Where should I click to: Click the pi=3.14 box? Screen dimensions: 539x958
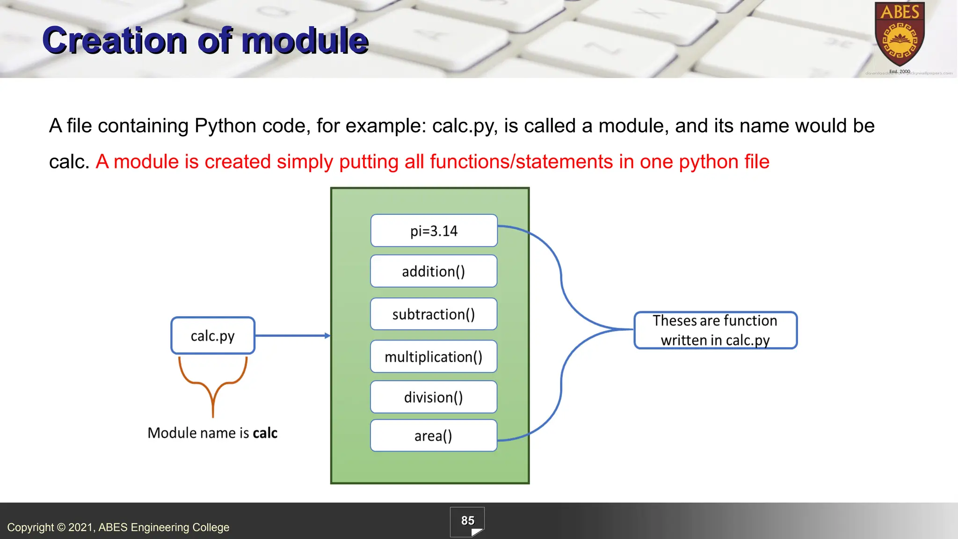tap(434, 231)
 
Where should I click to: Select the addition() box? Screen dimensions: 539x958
tap(433, 271)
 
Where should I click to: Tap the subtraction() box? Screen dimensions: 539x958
tap(433, 314)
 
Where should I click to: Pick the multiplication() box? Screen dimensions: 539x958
tap(433, 357)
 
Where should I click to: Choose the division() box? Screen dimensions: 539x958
tap(433, 397)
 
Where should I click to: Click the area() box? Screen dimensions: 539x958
tap(433, 436)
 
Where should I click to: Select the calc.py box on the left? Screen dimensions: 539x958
tap(213, 335)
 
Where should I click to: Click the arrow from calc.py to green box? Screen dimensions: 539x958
tap(292, 335)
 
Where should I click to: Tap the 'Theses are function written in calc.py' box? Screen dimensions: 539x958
tap(715, 330)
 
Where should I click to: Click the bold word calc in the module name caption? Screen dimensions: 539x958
tap(265, 433)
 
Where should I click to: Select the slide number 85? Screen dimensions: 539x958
tap(467, 521)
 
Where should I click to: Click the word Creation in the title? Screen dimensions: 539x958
tap(115, 41)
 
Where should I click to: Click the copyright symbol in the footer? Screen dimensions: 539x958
tap(61, 527)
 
